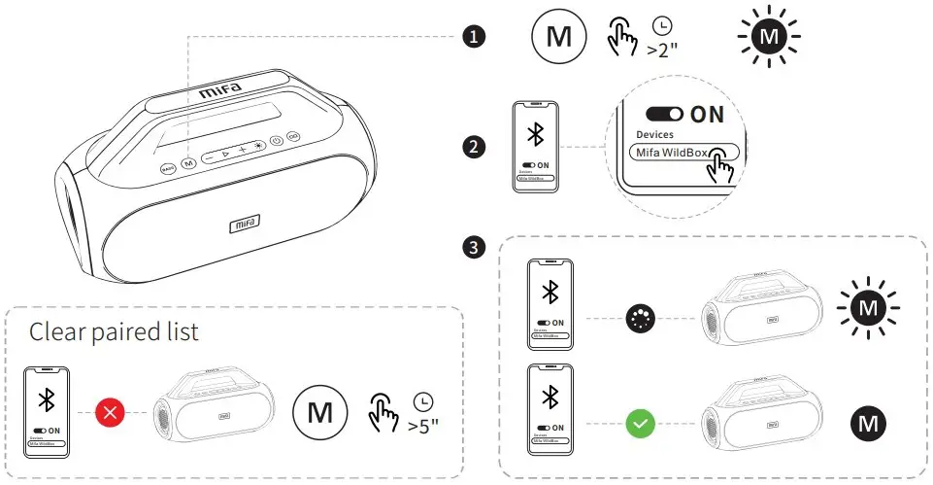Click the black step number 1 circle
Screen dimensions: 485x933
pos(473,38)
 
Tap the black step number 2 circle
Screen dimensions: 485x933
pos(473,148)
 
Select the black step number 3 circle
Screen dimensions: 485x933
pos(473,248)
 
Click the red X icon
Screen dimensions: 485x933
pos(110,411)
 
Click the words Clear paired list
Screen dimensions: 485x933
pos(114,331)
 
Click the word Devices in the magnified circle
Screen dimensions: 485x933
pos(655,134)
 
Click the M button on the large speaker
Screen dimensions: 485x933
pos(188,164)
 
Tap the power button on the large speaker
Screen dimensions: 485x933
pos(276,141)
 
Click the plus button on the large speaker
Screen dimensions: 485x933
pos(242,150)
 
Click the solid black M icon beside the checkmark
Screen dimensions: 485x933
pos(865,423)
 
